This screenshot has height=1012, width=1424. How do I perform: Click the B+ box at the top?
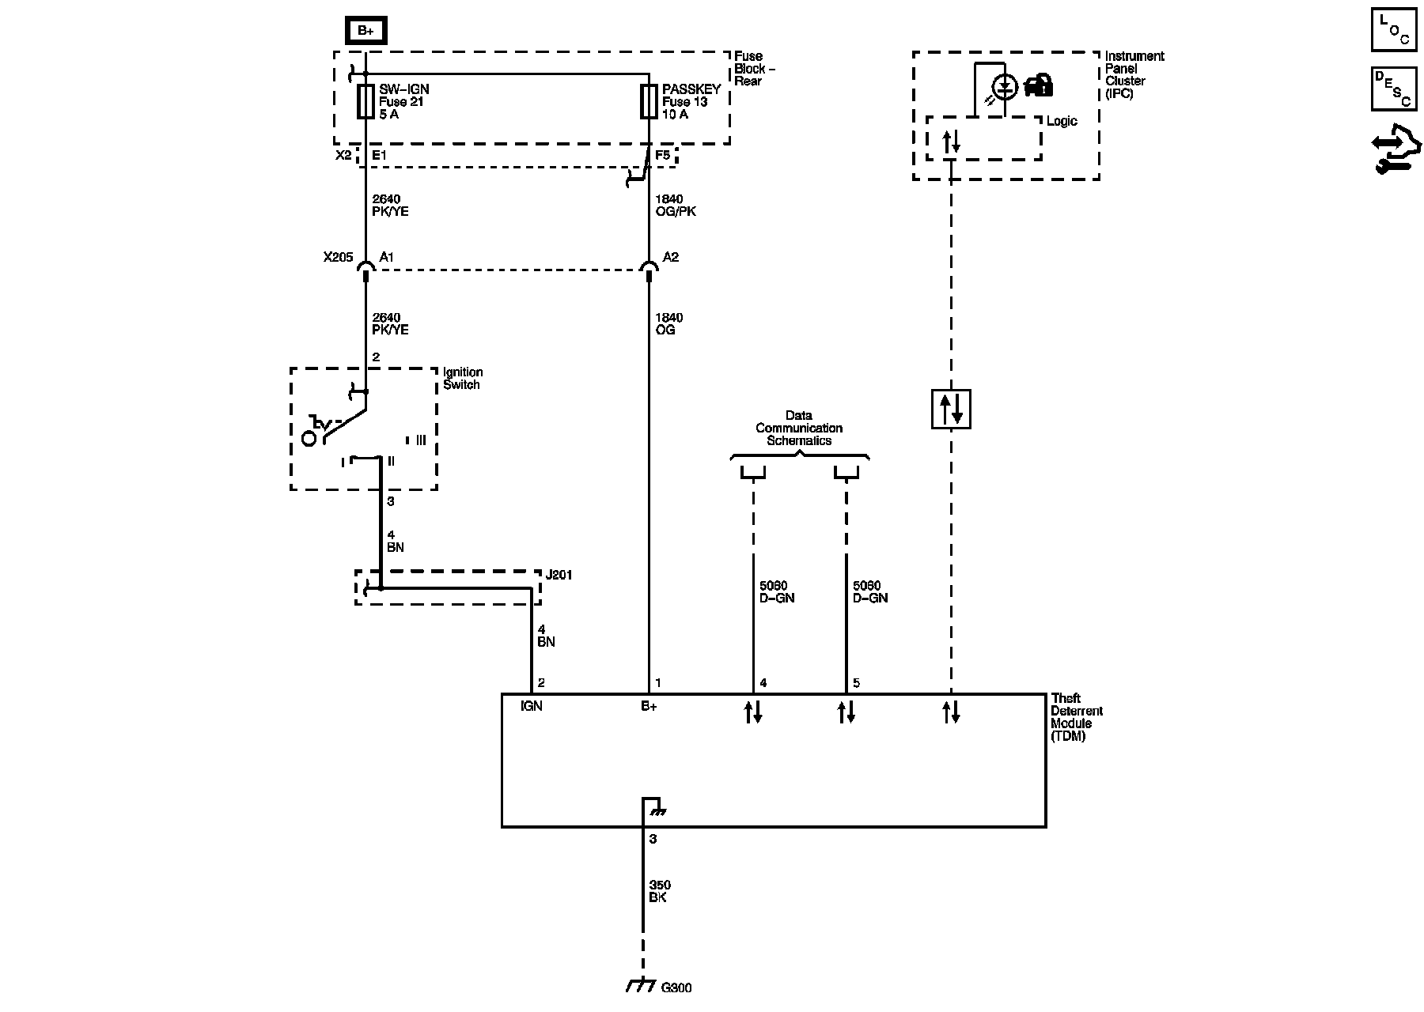point(365,31)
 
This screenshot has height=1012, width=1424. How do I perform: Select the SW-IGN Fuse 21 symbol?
point(365,101)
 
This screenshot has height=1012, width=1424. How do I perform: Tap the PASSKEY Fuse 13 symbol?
point(649,101)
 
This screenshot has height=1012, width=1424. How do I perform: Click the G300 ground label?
point(676,987)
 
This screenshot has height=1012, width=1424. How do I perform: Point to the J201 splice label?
point(559,575)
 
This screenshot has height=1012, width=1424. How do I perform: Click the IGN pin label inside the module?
point(531,706)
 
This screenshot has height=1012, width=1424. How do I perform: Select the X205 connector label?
point(338,257)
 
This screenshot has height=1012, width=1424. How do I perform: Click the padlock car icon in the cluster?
point(1039,85)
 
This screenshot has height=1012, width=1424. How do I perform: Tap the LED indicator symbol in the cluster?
point(1005,87)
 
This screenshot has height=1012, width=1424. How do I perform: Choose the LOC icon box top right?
point(1394,29)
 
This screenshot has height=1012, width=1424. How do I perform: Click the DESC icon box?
point(1394,89)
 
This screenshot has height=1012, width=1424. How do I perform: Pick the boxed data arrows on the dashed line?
point(951,409)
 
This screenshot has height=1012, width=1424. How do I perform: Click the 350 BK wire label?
point(659,891)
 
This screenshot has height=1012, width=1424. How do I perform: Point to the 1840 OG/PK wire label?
point(675,206)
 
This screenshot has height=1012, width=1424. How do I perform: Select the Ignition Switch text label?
point(463,378)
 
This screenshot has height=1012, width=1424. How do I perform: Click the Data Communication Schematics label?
point(799,428)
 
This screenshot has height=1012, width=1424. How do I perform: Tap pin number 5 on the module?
point(856,683)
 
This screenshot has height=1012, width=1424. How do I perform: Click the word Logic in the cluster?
point(1062,121)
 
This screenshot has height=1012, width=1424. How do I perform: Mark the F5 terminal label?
point(663,155)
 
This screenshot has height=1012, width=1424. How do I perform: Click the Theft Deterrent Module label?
point(1076,717)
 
